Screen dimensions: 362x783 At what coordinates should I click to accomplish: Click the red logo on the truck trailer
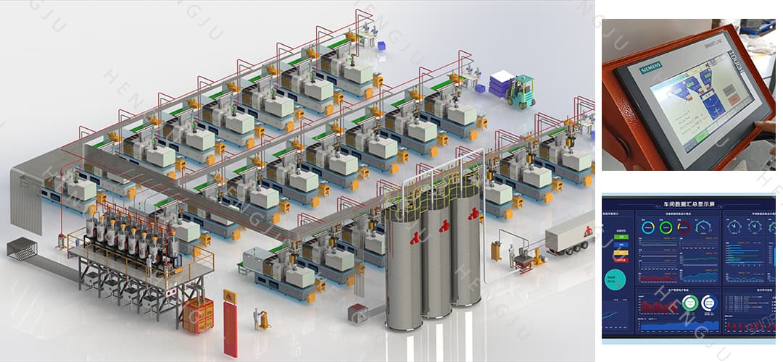point(588,231)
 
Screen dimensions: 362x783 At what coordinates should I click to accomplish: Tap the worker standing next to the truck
point(512,256)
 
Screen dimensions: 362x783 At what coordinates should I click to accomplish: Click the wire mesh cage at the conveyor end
point(22,248)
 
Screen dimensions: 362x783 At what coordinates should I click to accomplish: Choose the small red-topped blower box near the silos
point(357,312)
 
